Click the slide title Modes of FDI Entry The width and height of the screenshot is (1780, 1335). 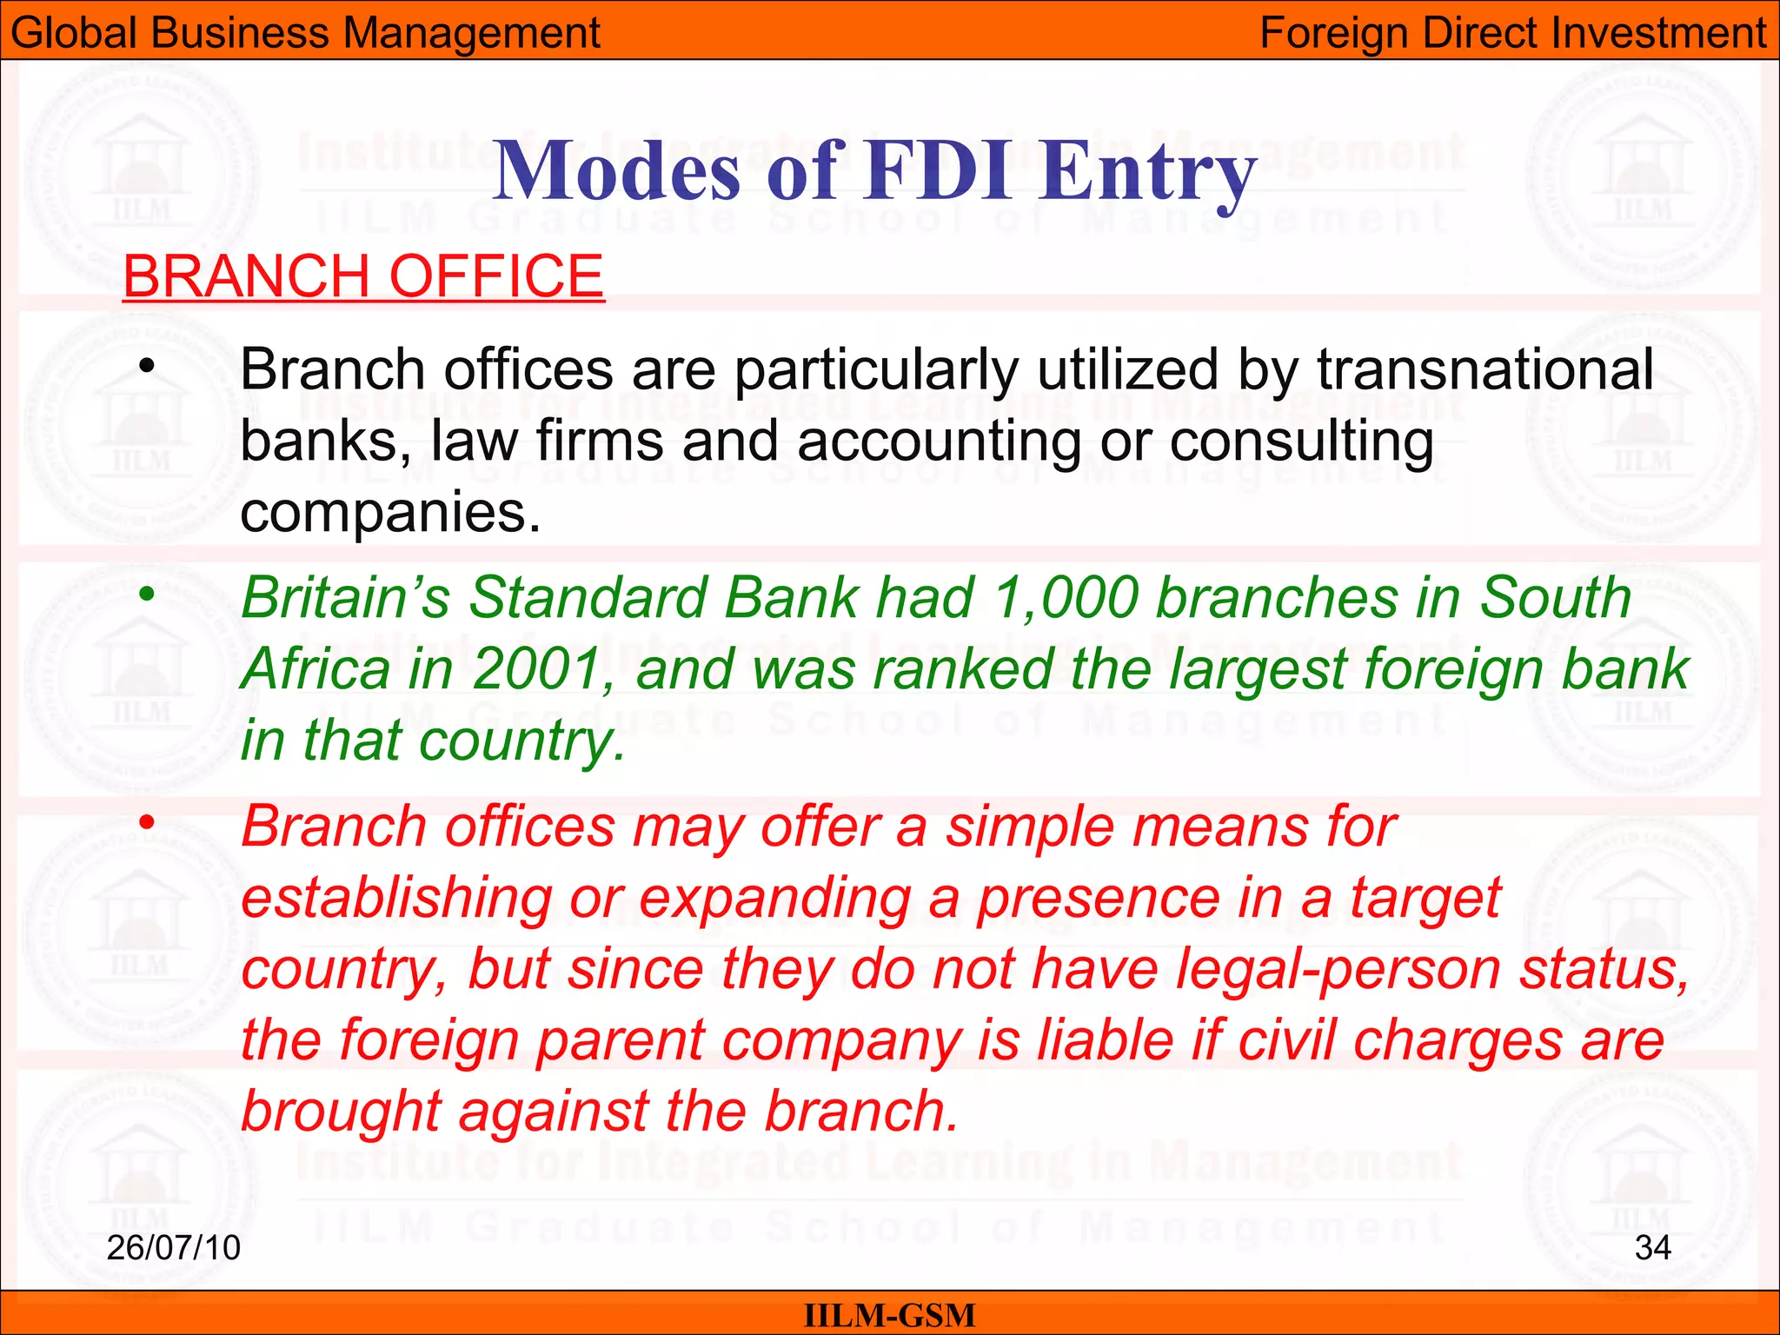click(874, 171)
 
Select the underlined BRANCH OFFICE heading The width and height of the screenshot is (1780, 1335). click(363, 276)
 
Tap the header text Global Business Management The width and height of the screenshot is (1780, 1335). click(305, 33)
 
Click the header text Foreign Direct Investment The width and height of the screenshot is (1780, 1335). click(1512, 33)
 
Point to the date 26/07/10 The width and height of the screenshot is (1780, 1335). click(173, 1247)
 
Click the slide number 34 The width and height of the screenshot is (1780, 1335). click(1652, 1247)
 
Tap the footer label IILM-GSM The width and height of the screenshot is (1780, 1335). click(889, 1315)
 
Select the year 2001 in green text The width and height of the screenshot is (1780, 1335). click(537, 670)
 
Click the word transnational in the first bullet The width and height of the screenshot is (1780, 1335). click(1484, 370)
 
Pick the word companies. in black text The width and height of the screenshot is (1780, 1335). click(390, 512)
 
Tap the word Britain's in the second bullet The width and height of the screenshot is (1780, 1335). click(345, 599)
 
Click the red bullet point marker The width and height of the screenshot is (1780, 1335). click(147, 821)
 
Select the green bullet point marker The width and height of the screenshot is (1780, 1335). click(147, 594)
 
